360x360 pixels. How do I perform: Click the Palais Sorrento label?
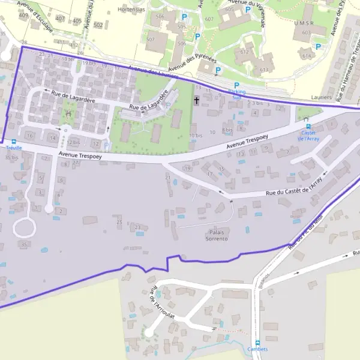(x=217, y=235)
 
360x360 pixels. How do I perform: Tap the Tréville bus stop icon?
(x=13, y=142)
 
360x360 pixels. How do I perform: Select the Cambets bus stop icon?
(x=257, y=343)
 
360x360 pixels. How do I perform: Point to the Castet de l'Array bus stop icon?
(x=308, y=126)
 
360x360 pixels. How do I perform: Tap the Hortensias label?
(x=131, y=10)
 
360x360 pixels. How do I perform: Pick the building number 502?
(x=98, y=25)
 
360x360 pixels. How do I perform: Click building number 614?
(x=308, y=56)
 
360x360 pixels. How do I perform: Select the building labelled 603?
(x=306, y=32)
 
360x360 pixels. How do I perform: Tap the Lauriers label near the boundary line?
(x=322, y=97)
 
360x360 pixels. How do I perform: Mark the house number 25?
(x=119, y=223)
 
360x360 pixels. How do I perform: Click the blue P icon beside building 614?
(x=319, y=46)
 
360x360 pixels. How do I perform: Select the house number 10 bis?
(x=196, y=136)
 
